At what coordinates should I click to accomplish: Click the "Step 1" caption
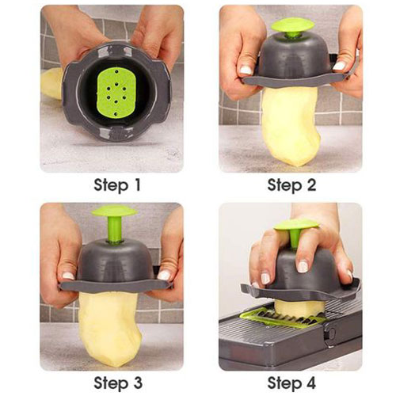click(x=117, y=185)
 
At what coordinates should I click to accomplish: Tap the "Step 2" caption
click(x=291, y=185)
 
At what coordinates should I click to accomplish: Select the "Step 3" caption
click(x=118, y=383)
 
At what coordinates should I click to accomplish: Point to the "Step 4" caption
click(x=291, y=383)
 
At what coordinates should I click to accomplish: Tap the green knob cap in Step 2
click(x=293, y=26)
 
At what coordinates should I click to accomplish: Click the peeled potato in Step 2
click(x=290, y=127)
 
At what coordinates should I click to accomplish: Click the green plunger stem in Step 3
click(x=114, y=230)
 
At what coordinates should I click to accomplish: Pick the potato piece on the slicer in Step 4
click(x=299, y=307)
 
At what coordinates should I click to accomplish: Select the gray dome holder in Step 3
click(x=116, y=267)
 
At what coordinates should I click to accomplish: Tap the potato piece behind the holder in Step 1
click(x=51, y=84)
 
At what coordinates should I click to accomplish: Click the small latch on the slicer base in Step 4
click(x=330, y=333)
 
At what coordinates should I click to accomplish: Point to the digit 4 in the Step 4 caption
click(x=310, y=383)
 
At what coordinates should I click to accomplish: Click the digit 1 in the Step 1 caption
click(x=136, y=185)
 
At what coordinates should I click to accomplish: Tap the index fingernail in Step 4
click(x=303, y=267)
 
